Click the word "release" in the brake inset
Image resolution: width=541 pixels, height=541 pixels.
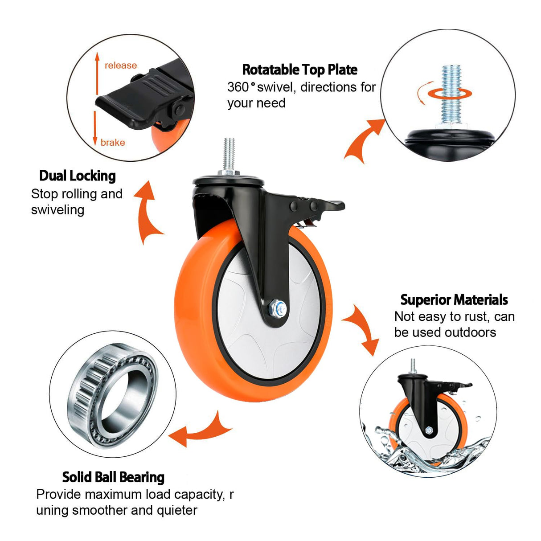coord(120,66)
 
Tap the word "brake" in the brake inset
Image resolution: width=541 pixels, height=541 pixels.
coord(113,143)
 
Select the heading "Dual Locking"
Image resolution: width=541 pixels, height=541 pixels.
coord(78,176)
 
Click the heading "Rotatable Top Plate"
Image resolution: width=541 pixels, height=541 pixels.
coord(299,70)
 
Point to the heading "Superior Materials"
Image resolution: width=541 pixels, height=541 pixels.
coord(454,299)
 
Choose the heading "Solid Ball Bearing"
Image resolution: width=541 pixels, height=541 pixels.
coord(113,477)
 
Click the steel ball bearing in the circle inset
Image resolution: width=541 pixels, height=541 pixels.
coord(113,394)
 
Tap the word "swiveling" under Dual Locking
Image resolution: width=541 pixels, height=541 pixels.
coord(57,210)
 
